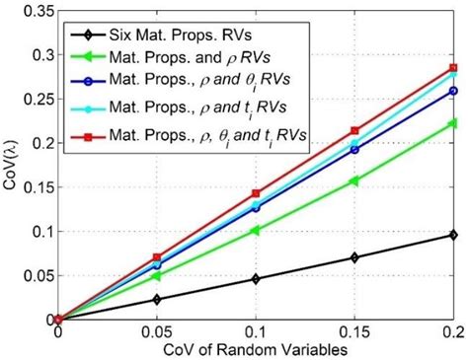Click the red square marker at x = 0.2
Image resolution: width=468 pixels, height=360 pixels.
(x=453, y=68)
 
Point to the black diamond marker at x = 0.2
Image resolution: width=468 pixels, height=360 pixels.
(x=453, y=235)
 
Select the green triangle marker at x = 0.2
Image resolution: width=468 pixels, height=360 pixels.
(x=453, y=123)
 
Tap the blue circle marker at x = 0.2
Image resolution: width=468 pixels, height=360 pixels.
(x=453, y=91)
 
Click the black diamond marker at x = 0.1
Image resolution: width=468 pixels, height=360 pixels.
(x=256, y=279)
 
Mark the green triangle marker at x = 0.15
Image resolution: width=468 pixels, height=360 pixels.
(x=354, y=180)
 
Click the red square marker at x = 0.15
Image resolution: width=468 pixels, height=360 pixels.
(x=354, y=130)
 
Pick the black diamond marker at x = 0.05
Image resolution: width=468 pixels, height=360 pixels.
(x=157, y=299)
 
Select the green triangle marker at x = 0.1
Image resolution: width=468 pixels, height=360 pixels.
(x=256, y=230)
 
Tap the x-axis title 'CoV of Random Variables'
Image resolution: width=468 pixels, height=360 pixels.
(x=255, y=350)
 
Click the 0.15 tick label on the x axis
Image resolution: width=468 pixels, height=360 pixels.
(x=354, y=332)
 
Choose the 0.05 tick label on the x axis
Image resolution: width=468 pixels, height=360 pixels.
(x=157, y=332)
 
